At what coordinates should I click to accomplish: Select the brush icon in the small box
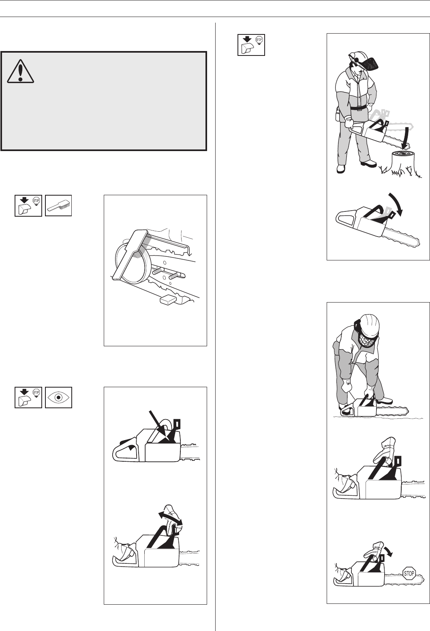pos(58,206)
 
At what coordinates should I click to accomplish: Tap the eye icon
pos(58,397)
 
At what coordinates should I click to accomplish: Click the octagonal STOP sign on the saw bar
pos(409,573)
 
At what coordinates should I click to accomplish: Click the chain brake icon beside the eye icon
pos(28,397)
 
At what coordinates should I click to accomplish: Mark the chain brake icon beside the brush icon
pos(28,206)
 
